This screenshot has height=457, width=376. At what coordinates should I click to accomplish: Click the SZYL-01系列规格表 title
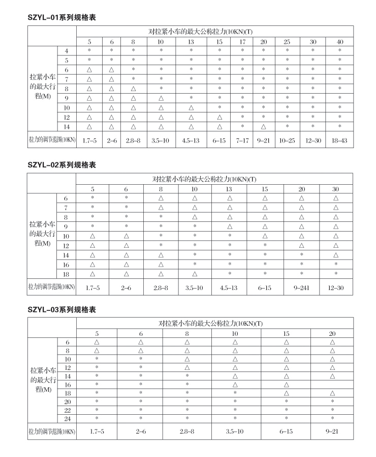(61, 17)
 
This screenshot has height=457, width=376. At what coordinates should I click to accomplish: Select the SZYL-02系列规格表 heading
(61, 165)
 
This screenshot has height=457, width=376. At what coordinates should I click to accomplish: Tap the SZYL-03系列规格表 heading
(61, 309)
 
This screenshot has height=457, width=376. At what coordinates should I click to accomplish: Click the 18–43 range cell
(339, 139)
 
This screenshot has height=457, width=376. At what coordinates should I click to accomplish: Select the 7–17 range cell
(242, 139)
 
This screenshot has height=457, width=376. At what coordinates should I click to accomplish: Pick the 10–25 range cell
(287, 139)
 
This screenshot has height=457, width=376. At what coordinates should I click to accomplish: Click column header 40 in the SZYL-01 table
(339, 42)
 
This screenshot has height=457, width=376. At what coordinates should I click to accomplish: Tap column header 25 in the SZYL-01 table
(287, 42)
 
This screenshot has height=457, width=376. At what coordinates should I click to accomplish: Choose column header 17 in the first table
(242, 42)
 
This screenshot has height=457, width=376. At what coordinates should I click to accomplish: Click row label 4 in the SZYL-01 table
(67, 50)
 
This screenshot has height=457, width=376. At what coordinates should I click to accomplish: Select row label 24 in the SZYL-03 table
(67, 418)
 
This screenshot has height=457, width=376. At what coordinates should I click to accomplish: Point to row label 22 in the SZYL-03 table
(67, 410)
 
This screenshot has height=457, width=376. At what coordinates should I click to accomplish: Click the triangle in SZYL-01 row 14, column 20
(263, 126)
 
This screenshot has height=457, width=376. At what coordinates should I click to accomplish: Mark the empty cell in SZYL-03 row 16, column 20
(332, 384)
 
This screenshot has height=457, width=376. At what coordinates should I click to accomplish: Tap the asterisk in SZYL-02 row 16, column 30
(336, 265)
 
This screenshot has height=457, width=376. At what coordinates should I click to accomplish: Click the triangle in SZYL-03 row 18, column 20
(332, 393)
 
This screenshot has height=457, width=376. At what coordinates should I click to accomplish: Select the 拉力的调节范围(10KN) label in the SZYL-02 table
(51, 288)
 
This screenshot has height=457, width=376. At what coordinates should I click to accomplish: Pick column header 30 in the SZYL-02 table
(336, 189)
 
